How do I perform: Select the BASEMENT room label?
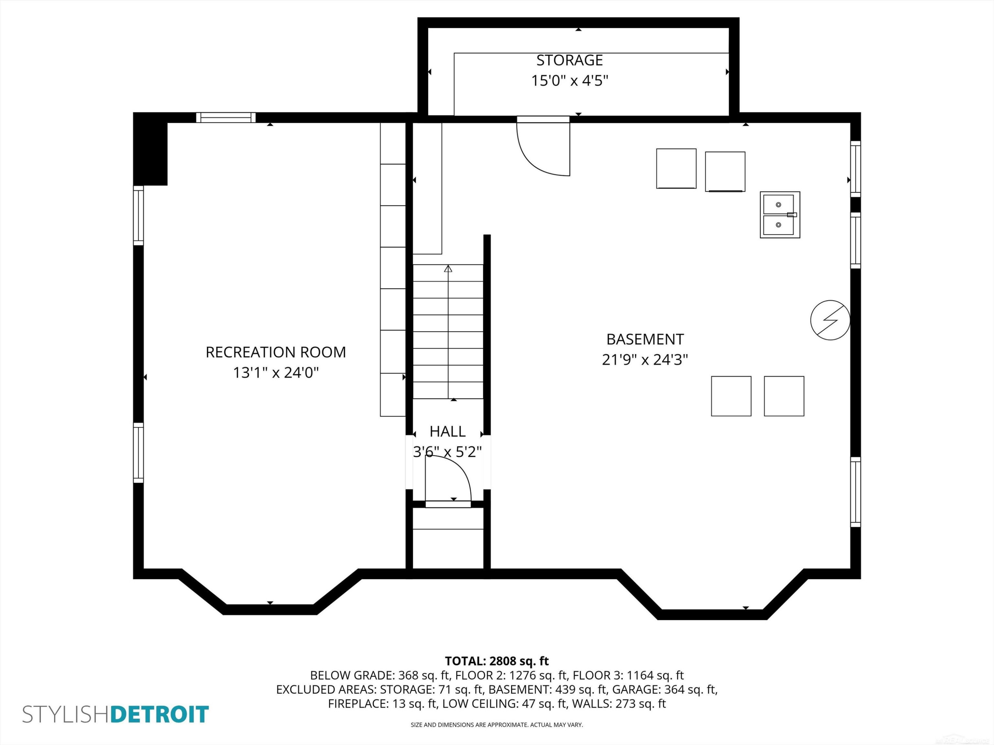pyautogui.click(x=645, y=339)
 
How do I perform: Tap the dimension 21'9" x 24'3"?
pyautogui.click(x=645, y=360)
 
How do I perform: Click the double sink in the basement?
pyautogui.click(x=780, y=215)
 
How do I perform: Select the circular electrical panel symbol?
pyautogui.click(x=830, y=320)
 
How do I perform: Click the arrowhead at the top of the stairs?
pyautogui.click(x=448, y=269)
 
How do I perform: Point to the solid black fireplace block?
pyautogui.click(x=150, y=149)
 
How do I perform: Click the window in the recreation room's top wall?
pyautogui.click(x=226, y=118)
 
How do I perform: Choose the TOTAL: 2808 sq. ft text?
pyautogui.click(x=497, y=661)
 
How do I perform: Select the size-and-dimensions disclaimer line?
pyautogui.click(x=497, y=725)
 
